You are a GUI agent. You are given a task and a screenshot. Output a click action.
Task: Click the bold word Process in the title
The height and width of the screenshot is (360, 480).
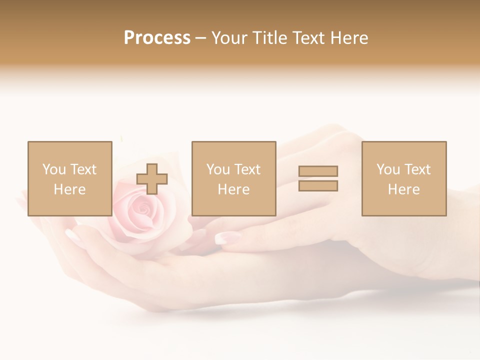[157, 38]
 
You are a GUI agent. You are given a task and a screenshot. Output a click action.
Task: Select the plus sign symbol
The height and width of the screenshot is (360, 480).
[152, 179]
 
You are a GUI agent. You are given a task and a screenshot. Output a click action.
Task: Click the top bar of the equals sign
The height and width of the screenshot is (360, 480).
[318, 171]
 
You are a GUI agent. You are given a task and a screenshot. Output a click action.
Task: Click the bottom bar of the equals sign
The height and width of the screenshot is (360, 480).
[318, 186]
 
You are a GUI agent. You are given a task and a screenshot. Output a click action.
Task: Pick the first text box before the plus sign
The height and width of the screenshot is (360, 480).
[69, 178]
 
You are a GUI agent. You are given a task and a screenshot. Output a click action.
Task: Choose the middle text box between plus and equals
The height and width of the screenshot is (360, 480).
[233, 178]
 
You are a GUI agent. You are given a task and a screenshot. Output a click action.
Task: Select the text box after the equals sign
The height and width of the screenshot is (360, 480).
[404, 178]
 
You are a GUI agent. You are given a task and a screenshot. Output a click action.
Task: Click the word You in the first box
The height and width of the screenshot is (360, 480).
[54, 169]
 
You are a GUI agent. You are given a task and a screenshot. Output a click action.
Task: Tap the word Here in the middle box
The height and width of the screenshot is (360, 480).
[233, 189]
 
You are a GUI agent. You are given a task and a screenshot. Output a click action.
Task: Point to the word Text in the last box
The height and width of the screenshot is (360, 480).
[417, 169]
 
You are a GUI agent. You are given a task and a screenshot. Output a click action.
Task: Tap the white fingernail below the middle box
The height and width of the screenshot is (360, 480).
[221, 238]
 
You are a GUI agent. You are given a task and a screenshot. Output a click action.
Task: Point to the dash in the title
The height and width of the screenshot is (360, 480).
[200, 38]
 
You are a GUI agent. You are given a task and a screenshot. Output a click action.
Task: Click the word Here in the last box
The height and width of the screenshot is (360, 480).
[404, 189]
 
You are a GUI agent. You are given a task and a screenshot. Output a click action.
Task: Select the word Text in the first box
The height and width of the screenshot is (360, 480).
[83, 169]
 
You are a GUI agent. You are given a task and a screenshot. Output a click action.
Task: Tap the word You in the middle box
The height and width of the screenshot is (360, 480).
[218, 169]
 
